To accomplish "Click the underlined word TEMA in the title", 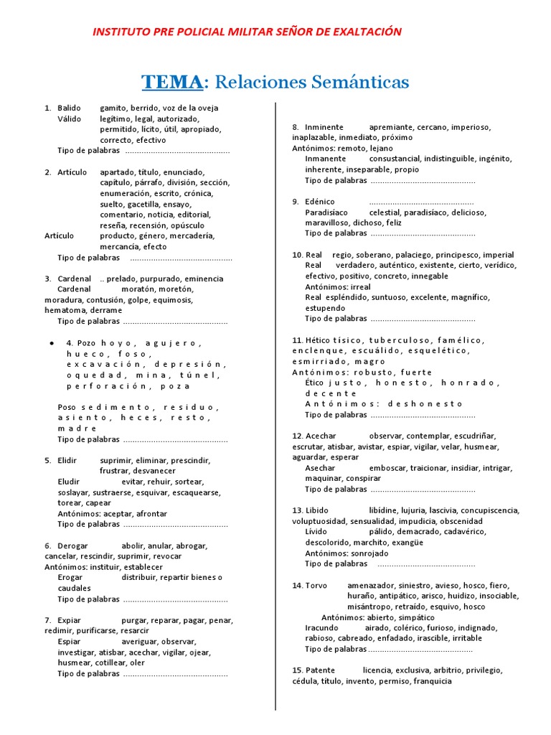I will click(172, 82).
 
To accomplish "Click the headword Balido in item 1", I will click(70, 108).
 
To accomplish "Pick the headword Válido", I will click(70, 119).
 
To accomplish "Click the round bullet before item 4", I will click(52, 343).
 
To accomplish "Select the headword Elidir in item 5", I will click(67, 460).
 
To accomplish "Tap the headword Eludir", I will click(70, 482).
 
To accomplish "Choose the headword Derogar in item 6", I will click(72, 546).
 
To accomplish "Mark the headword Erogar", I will click(70, 577).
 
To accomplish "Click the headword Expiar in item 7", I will click(70, 620).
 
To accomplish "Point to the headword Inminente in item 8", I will click(324, 127).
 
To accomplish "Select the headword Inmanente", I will click(325, 159).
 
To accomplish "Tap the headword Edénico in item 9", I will click(319, 202).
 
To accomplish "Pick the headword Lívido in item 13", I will click(316, 532).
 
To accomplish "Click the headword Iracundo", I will click(322, 627).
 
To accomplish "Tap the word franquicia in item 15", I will click(428, 681).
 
